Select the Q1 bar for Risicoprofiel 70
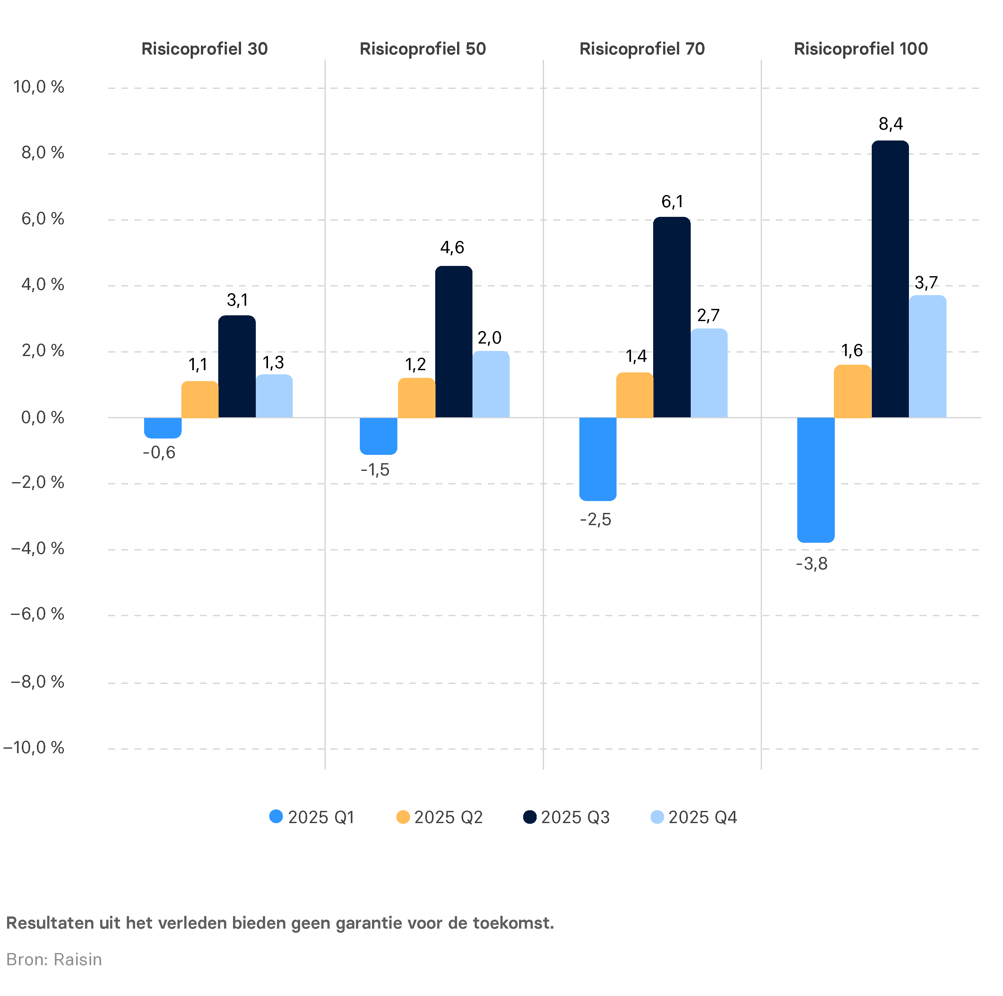(x=598, y=459)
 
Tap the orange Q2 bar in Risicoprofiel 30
(x=200, y=399)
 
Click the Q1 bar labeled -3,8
(x=816, y=480)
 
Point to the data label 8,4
(x=890, y=124)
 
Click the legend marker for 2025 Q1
(x=276, y=817)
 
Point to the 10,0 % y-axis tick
(x=39, y=87)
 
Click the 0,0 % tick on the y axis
(x=43, y=418)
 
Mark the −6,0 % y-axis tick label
(x=37, y=614)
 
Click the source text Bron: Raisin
(x=54, y=960)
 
